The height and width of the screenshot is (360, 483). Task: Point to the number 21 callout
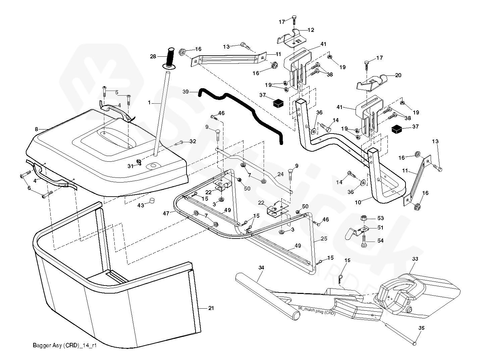tap(211, 308)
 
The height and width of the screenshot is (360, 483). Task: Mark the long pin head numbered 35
tap(415, 343)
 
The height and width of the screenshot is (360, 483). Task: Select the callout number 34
tap(262, 267)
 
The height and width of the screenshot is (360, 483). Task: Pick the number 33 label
tap(415, 259)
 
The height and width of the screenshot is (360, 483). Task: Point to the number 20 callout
tap(398, 75)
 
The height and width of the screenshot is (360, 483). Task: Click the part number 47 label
tap(166, 213)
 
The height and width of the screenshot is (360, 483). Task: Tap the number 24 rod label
tap(280, 174)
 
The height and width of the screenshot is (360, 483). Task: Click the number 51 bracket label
tap(380, 227)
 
